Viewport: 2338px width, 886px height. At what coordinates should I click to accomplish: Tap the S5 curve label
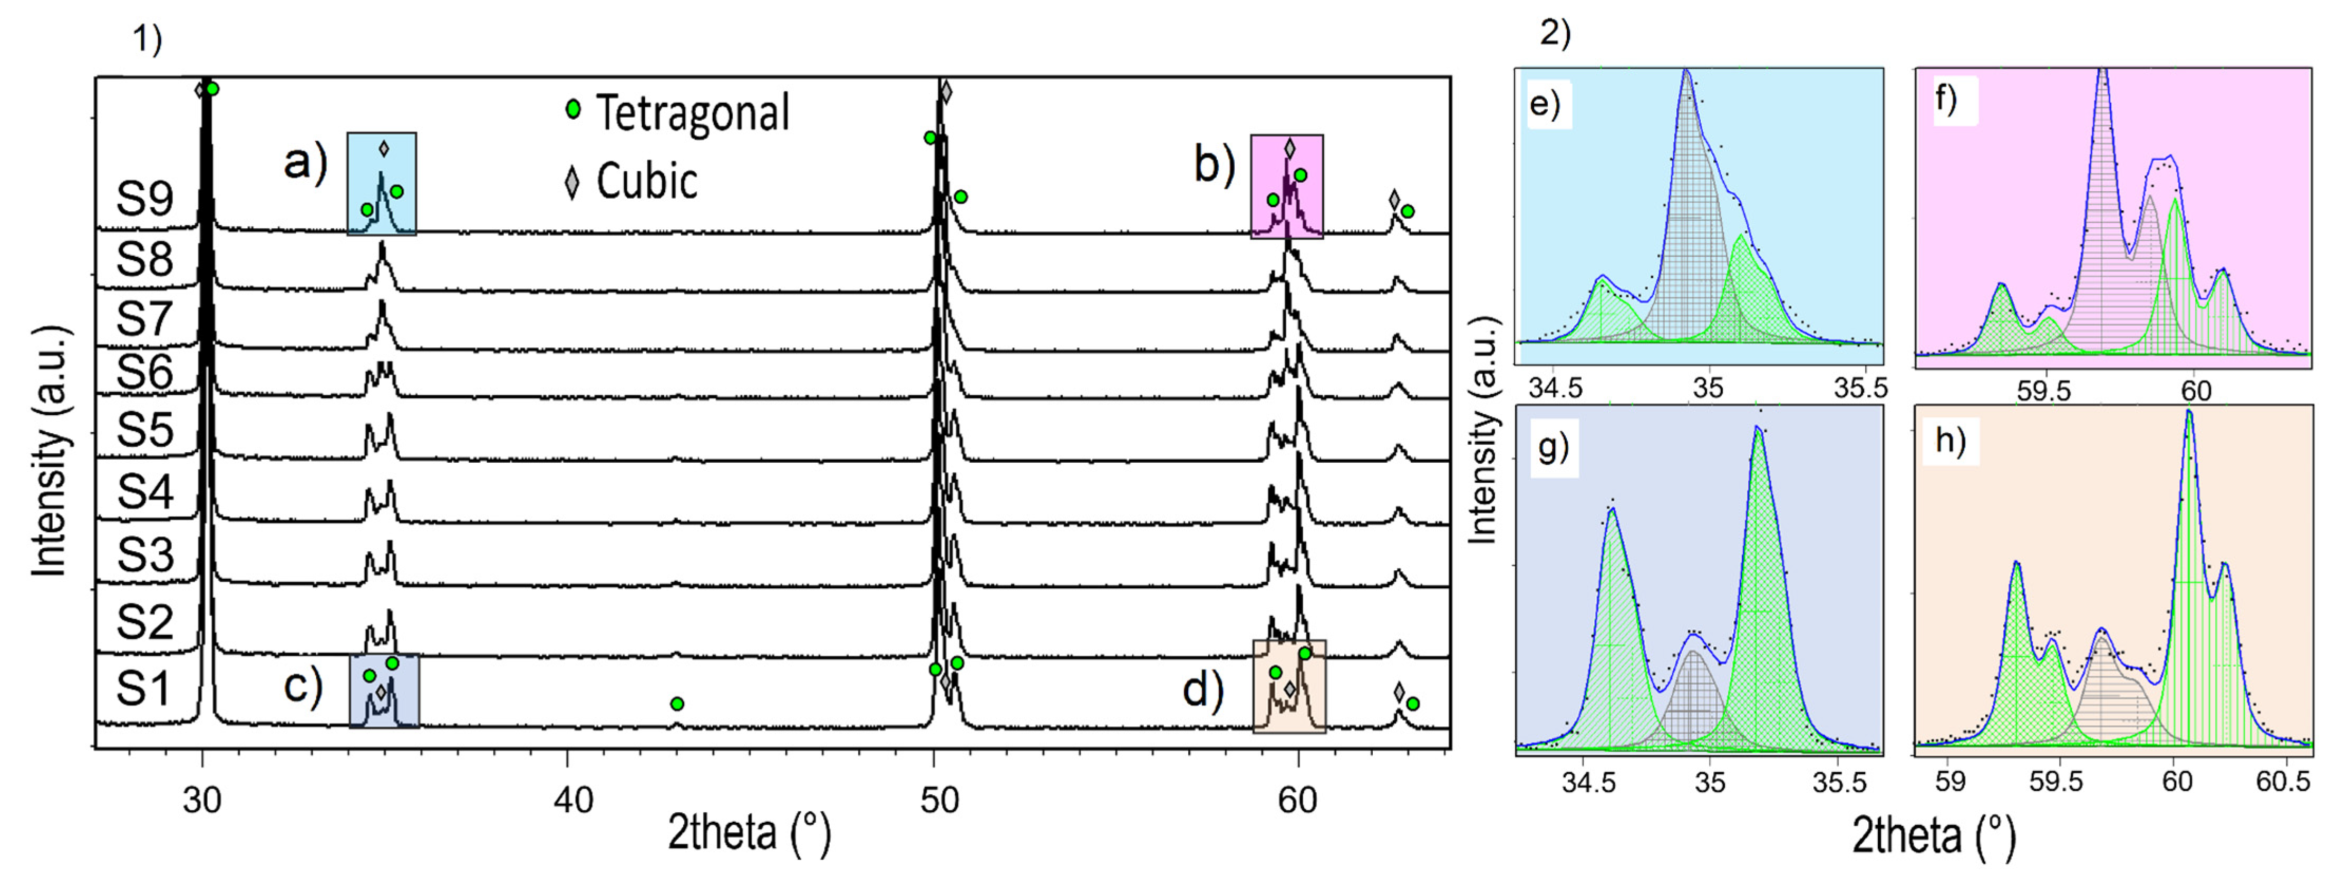click(144, 430)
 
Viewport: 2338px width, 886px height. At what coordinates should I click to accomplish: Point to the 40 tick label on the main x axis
click(574, 801)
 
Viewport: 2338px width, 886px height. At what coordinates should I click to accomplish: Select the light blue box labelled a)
click(382, 184)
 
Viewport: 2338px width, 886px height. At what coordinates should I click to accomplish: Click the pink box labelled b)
click(1287, 187)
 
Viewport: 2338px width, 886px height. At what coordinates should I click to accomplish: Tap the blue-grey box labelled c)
click(384, 691)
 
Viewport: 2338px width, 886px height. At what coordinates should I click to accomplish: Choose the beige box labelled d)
click(1289, 686)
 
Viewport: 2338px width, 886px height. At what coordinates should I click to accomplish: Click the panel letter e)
click(1545, 105)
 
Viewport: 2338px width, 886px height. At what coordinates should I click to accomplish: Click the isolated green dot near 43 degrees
click(676, 704)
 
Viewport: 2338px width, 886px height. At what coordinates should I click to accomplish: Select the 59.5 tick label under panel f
click(2044, 391)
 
